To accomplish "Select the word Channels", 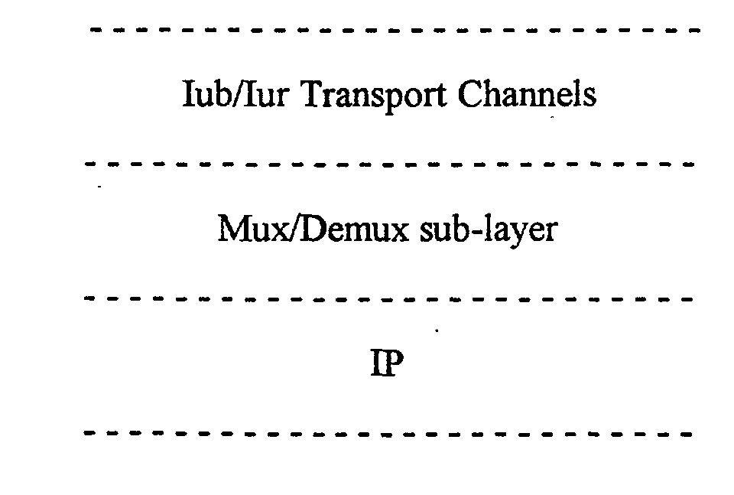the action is coord(527,93).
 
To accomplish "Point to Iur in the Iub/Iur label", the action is coord(267,93).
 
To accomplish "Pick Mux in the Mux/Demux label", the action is coord(253,228).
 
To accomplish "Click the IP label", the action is coord(387,363).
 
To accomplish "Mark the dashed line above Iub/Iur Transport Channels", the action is coord(395,30).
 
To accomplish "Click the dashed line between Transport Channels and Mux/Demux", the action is coord(389,164).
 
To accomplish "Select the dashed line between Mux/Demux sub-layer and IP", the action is coord(388,299).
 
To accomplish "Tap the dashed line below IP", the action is coord(388,434).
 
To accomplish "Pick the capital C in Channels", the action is coord(472,93).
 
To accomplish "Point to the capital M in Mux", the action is coord(235,228).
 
